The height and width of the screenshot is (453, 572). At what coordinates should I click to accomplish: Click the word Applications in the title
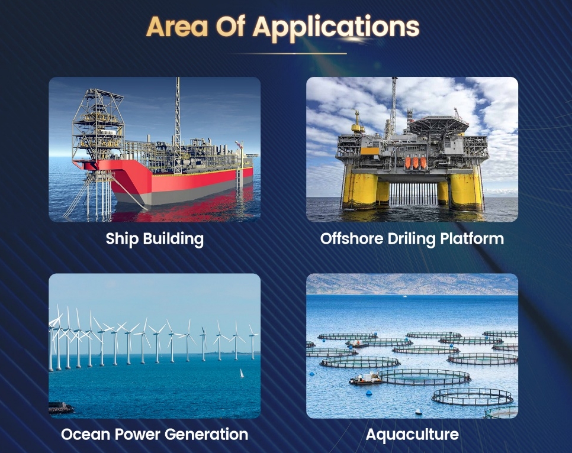coord(336,28)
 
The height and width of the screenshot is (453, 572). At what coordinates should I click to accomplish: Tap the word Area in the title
coord(177,26)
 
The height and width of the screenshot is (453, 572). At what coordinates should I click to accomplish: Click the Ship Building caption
coord(155,240)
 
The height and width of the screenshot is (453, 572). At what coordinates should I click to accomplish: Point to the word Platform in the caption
coord(472,239)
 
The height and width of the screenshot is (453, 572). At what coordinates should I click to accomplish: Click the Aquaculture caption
coord(412,435)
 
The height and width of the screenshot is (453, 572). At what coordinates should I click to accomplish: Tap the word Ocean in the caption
coord(85,435)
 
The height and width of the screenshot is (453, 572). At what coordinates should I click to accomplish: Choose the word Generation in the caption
coord(206,435)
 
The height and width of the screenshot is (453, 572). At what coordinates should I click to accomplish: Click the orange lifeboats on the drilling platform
coord(415,163)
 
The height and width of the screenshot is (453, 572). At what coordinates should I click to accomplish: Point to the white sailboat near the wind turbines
coord(241,374)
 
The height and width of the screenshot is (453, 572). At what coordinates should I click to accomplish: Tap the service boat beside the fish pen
coord(365,378)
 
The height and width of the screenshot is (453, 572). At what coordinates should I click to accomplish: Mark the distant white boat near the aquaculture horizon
coord(404,296)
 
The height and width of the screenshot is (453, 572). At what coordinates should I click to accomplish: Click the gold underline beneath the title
coord(290,54)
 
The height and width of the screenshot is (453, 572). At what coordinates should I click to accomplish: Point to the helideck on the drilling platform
coord(439,122)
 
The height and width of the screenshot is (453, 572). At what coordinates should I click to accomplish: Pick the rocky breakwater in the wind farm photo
coord(60,407)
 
